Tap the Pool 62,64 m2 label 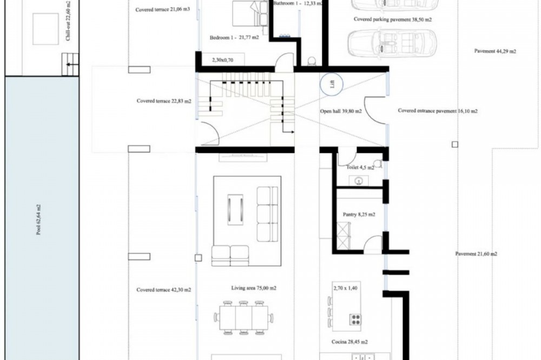point(38,219)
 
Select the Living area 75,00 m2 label point(254,288)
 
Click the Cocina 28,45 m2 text point(349,342)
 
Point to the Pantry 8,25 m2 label point(359,214)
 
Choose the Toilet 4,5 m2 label point(360,168)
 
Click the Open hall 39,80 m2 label point(341,111)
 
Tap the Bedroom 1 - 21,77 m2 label point(234,38)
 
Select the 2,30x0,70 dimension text point(222,60)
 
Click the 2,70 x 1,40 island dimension point(345,288)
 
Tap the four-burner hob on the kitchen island point(355,319)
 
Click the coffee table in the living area point(235,210)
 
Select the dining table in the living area point(243,318)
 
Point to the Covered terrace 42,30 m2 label point(163,290)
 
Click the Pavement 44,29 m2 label point(495,51)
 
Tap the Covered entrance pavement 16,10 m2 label point(438,111)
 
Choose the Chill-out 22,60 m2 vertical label point(68,21)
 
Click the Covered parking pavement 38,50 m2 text point(393,19)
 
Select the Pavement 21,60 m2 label point(476,254)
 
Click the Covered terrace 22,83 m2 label point(164,101)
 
